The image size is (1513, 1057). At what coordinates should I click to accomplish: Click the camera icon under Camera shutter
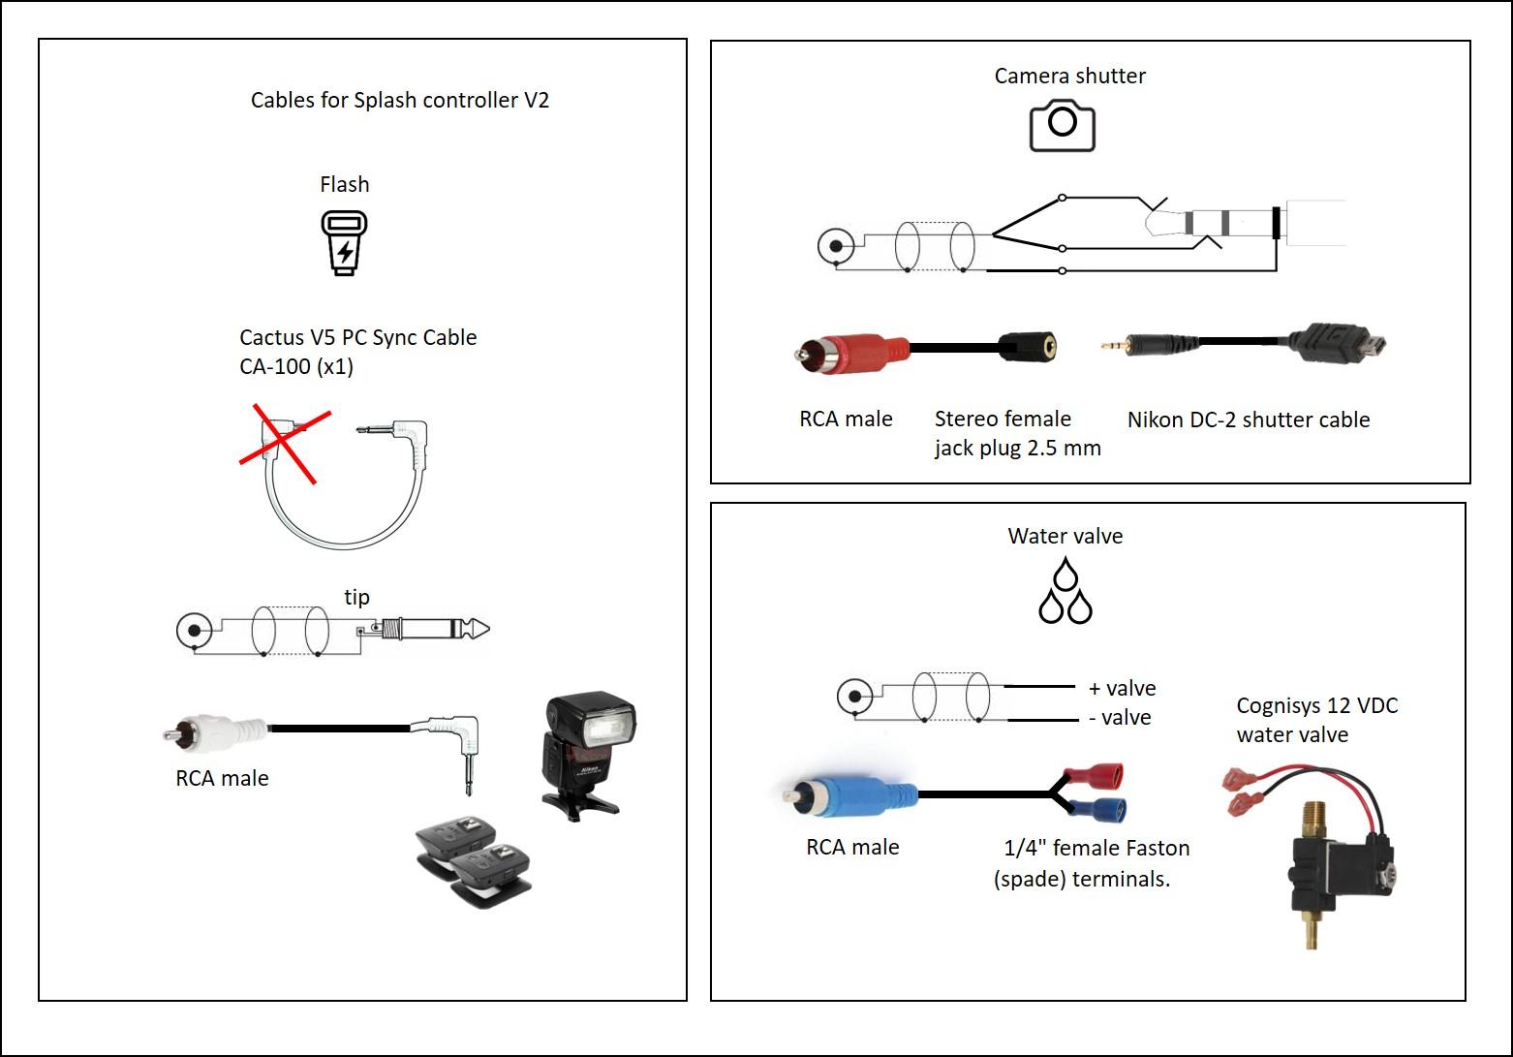point(1062,124)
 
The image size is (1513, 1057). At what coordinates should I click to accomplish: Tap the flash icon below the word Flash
point(344,243)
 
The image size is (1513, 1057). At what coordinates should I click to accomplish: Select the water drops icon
point(1065,591)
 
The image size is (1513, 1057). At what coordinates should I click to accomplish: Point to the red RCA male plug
point(852,350)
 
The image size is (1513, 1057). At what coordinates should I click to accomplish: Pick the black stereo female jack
point(1027,346)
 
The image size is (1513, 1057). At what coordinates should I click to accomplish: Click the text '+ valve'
point(1122,688)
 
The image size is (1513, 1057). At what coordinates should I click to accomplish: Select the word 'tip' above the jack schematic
point(356,597)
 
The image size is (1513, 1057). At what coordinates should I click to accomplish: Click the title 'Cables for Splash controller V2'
point(400,100)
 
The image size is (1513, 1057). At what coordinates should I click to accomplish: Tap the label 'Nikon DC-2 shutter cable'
point(1248,420)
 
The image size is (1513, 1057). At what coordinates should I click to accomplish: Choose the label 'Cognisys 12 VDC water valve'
point(1316,719)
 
